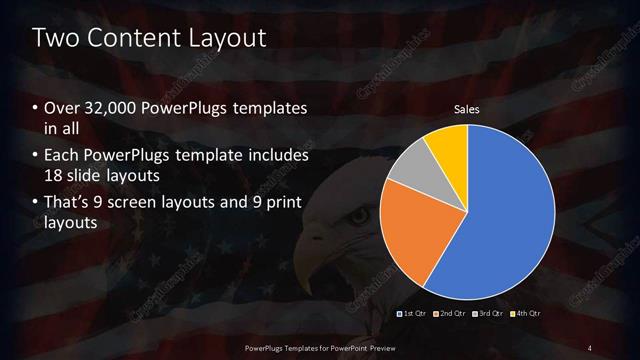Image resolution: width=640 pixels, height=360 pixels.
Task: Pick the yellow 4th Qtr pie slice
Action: tap(446, 145)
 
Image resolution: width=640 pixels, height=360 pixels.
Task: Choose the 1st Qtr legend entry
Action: tap(414, 314)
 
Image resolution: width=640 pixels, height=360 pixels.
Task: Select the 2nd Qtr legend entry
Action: tap(451, 314)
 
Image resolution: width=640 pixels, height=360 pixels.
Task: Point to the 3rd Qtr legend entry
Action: tap(489, 314)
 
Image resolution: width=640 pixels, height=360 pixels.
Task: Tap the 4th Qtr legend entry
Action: tap(526, 314)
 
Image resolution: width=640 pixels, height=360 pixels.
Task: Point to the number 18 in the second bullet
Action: tap(54, 177)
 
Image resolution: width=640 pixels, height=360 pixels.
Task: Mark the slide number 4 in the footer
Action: tap(590, 347)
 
